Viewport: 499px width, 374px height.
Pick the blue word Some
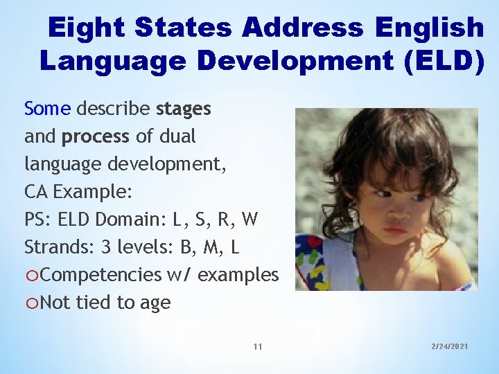(x=47, y=109)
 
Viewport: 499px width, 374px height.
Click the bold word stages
(x=184, y=109)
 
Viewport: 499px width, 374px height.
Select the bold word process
(x=96, y=136)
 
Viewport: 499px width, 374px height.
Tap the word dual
(x=176, y=136)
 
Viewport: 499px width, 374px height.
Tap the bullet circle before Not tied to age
(x=31, y=303)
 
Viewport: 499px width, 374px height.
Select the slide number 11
(x=258, y=346)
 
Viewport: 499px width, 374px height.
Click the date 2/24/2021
(x=449, y=346)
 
